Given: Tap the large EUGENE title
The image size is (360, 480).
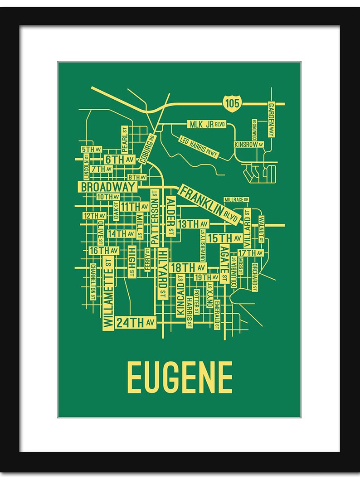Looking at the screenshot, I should point(180,378).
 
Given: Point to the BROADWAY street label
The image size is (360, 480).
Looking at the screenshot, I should point(108,187).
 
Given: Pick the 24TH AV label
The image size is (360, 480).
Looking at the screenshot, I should point(136,322).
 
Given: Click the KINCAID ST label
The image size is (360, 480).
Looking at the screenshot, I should point(180,296).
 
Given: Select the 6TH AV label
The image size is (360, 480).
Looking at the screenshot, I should point(120,159).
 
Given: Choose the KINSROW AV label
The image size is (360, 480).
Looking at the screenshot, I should point(248,144).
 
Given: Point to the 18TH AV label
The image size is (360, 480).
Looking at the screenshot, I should point(188,267).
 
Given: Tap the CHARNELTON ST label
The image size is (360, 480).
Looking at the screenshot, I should point(93,281).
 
